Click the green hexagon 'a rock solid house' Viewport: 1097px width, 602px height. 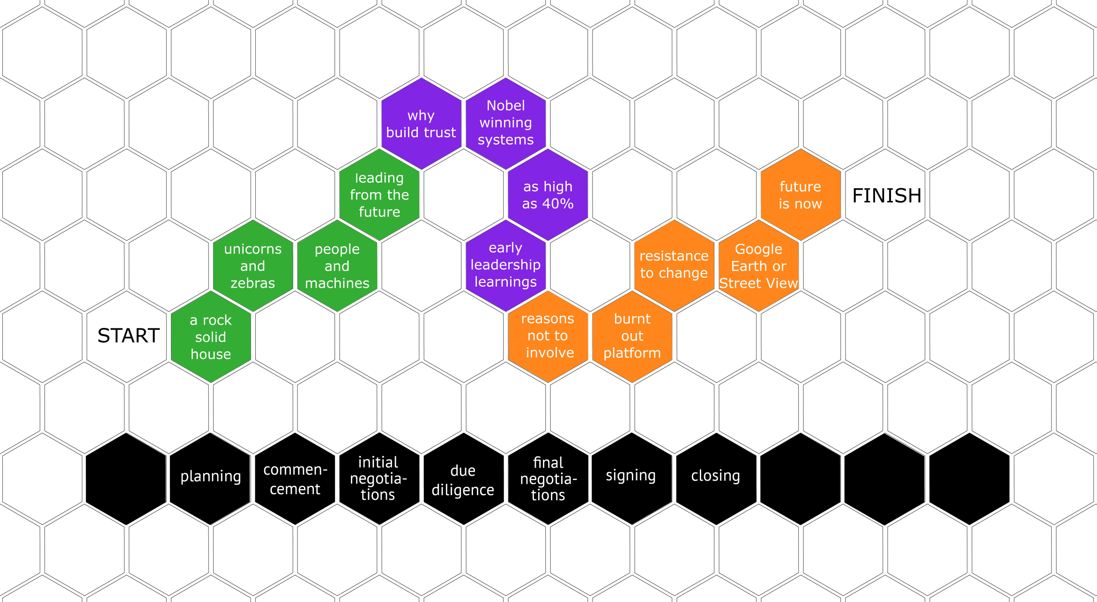[211, 337]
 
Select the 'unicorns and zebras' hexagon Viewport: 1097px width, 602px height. [253, 266]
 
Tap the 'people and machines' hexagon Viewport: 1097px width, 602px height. [337, 266]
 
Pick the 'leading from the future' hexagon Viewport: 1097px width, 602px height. [379, 194]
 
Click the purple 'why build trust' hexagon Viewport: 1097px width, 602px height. [421, 124]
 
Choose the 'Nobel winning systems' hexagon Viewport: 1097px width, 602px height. [506, 123]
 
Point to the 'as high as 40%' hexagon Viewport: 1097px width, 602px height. [548, 195]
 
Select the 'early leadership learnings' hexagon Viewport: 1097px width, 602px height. [506, 265]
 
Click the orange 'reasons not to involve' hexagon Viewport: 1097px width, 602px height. [548, 336]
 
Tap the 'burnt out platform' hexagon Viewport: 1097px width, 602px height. [632, 336]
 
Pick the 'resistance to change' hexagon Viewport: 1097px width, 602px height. [674, 265]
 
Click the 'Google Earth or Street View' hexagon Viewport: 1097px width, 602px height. [758, 266]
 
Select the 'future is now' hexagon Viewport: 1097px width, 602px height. [801, 195]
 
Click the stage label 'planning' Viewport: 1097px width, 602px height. [211, 476]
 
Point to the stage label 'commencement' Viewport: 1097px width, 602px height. [295, 479]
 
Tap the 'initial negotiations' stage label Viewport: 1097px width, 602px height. [378, 478]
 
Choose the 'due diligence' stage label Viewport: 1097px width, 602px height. [463, 480]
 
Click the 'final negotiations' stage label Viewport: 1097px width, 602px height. [548, 479]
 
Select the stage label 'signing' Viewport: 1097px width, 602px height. [630, 476]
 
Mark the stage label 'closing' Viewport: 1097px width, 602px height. [715, 476]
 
